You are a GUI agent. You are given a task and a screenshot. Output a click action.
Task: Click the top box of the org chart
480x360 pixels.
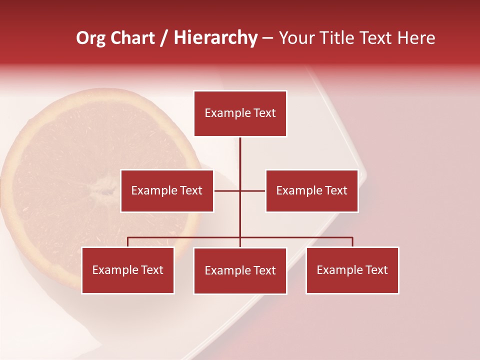coord(240,113)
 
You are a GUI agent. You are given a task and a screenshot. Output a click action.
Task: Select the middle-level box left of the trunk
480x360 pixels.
coord(167,190)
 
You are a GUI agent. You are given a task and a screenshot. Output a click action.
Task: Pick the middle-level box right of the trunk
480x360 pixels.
coord(311,190)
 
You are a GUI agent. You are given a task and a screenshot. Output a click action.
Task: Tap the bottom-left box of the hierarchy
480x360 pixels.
coord(128,270)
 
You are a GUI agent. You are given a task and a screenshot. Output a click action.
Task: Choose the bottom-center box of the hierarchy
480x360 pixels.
coord(240,270)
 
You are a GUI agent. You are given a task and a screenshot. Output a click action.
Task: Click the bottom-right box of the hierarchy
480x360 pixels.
coord(352,270)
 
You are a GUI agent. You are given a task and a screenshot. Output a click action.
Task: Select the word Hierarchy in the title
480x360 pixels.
coord(215,38)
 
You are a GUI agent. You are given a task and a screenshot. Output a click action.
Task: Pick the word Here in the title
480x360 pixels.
coord(416,38)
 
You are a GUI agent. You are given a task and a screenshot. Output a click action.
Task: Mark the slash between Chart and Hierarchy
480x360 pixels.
coord(164,38)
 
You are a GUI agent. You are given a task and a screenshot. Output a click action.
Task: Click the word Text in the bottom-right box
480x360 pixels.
coord(376,270)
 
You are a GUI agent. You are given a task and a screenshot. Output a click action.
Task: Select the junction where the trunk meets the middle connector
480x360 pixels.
coord(240,190)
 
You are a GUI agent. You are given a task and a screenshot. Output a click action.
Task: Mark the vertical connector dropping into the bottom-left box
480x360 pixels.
coord(128,242)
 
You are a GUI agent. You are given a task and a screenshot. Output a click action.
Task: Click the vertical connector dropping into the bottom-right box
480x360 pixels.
coord(352,242)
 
